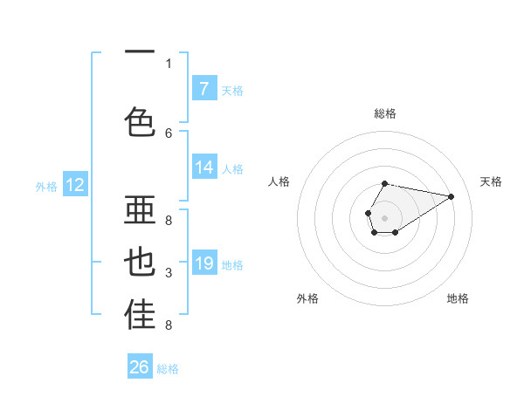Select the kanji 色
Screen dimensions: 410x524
click(140, 122)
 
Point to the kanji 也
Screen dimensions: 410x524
click(140, 263)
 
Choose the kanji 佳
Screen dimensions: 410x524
click(140, 316)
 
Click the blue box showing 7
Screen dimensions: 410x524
click(204, 89)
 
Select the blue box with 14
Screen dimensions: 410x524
click(204, 167)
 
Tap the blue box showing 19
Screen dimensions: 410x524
click(204, 263)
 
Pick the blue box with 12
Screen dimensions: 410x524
click(75, 185)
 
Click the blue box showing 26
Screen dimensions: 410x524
click(140, 367)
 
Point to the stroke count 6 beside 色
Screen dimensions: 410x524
click(169, 133)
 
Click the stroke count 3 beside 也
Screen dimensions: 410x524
click(169, 274)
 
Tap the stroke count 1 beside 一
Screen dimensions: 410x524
click(169, 63)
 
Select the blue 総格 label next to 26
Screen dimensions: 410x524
click(168, 369)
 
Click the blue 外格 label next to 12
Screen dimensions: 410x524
click(46, 186)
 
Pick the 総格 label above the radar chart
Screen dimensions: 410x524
click(384, 113)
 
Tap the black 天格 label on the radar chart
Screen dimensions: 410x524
click(491, 181)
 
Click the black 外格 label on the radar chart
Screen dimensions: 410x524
click(307, 298)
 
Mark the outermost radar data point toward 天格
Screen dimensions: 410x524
click(452, 196)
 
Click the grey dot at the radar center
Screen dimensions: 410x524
click(384, 216)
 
